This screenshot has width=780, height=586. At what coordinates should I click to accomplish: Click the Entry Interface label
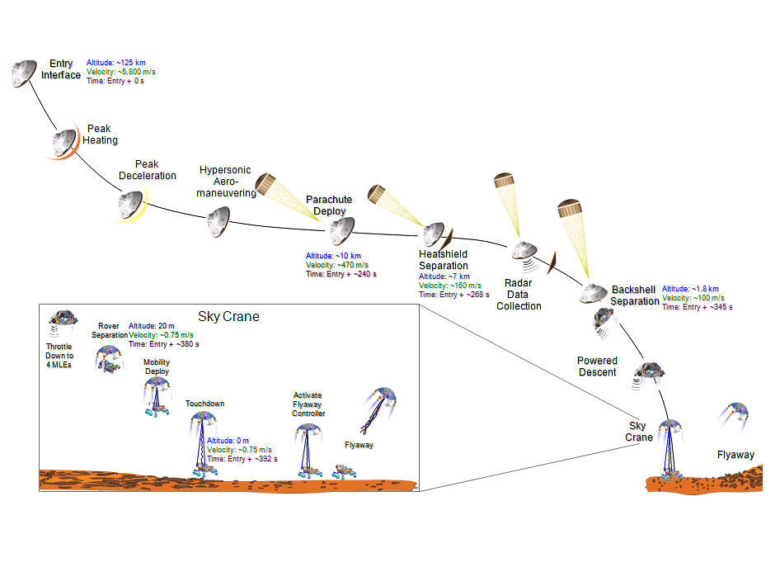click(61, 69)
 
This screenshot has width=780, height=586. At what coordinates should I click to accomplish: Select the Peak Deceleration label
click(156, 170)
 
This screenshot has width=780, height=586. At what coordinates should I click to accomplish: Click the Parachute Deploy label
click(329, 206)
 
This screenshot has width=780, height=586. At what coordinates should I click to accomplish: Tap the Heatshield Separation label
click(444, 260)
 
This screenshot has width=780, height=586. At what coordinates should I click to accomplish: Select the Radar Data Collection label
click(519, 294)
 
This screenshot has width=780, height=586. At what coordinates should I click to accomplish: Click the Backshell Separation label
click(635, 295)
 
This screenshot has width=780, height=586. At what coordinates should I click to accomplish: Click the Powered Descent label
click(597, 366)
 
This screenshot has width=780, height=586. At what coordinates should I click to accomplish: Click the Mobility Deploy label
click(157, 367)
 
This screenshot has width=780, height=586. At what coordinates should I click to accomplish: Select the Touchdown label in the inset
click(204, 404)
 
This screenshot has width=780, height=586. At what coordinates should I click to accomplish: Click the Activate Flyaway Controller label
click(308, 404)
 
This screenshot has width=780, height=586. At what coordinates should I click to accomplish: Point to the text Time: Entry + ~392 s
click(242, 459)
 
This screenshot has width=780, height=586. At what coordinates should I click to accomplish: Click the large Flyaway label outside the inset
click(735, 455)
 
